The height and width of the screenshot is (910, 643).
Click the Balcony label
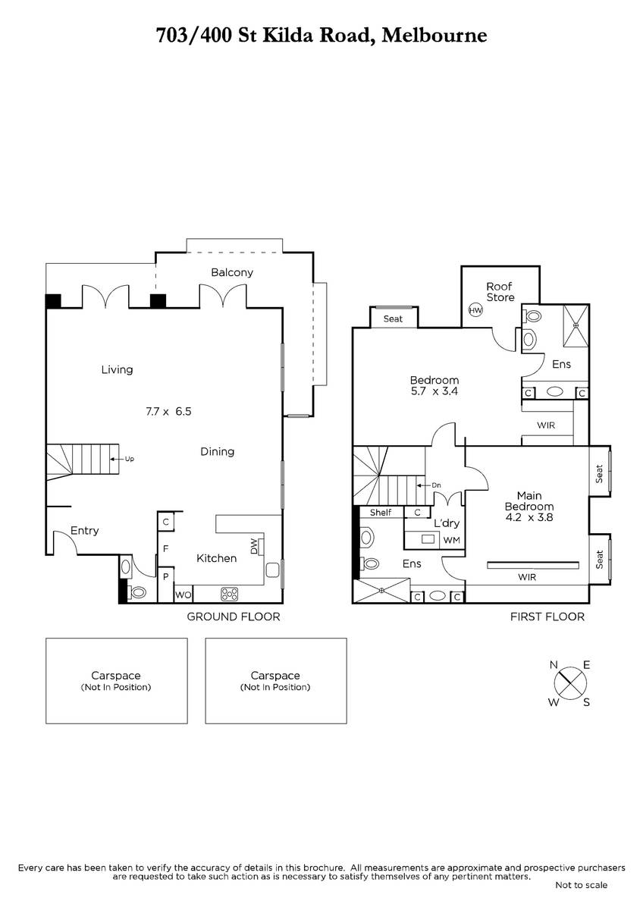coord(232,272)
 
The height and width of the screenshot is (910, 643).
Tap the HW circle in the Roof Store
coord(475,311)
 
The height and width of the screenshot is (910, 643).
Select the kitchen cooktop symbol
coord(229,595)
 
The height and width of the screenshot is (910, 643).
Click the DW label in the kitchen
coord(254,546)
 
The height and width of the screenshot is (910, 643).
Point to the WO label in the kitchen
coord(183,595)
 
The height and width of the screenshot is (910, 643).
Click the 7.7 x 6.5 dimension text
coord(168,412)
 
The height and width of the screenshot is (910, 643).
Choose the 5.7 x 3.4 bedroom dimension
coord(434,391)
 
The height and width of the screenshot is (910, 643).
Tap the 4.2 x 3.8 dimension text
coord(529,517)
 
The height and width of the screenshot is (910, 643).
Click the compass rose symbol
coord(570,683)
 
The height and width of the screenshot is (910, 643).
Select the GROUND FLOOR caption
coord(233,617)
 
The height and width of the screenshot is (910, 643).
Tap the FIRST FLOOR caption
coord(547,617)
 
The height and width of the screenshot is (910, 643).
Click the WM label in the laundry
coord(452,540)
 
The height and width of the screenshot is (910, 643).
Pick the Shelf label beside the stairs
coord(381,513)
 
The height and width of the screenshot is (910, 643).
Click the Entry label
coord(84,531)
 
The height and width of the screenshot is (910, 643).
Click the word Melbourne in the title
coord(434,36)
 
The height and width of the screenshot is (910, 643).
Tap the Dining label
coord(218,452)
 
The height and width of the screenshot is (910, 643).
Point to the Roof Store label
coord(500,292)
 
